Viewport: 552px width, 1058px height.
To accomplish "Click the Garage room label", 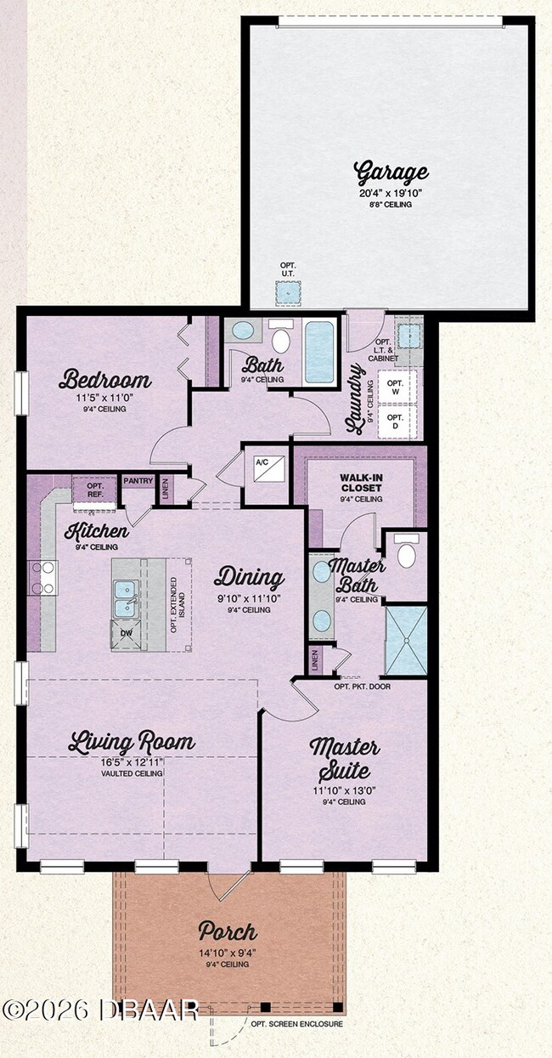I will tap(391, 173).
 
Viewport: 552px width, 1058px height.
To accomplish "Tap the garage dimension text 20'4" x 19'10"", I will tap(391, 193).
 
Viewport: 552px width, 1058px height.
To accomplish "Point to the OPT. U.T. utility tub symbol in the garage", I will tap(289, 292).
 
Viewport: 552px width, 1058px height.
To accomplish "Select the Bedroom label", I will tap(105, 379).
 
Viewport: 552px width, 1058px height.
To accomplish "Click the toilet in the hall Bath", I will tap(281, 339).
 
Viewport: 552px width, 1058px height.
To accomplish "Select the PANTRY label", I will tap(138, 482).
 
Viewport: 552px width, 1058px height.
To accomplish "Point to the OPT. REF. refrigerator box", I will tap(94, 490).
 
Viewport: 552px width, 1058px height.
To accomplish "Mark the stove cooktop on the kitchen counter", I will tap(42, 578).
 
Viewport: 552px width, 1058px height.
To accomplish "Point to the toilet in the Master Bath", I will tap(406, 554).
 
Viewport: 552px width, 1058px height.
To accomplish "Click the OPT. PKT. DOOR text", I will tap(362, 686).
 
